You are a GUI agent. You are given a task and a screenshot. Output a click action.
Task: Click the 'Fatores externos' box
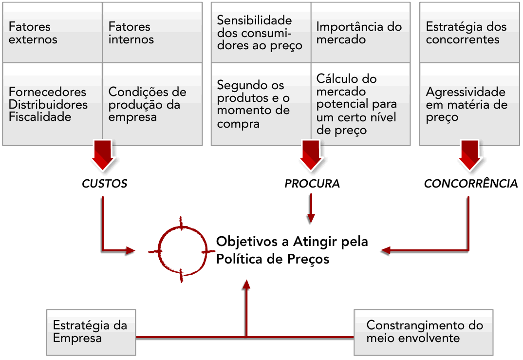pos(52,33)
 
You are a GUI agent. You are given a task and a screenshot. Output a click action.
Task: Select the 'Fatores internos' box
pos(152,33)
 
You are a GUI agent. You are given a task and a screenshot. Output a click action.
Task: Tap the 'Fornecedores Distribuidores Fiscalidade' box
pos(52,104)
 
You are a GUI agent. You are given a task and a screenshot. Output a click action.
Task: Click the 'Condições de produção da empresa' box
pos(152,104)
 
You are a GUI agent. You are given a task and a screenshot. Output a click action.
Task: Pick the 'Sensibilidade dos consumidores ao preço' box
pos(261,33)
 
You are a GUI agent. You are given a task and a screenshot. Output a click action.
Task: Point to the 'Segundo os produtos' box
pos(261,104)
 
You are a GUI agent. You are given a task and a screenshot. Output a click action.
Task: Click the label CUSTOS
pos(104,184)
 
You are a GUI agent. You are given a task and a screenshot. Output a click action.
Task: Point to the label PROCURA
pos(312,184)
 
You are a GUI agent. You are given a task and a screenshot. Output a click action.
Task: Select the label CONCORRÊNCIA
pos(470,184)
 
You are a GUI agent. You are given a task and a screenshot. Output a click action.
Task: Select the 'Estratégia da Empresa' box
pos(92,332)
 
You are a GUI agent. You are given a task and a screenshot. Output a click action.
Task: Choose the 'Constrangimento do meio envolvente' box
pos(423,332)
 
